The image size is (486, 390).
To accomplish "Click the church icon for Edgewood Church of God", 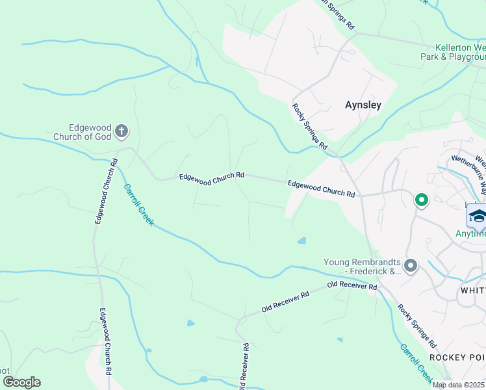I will [x=121, y=132].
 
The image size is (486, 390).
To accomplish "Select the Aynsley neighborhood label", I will [x=363, y=104].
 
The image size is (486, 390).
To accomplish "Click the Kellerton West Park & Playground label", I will [x=452, y=52].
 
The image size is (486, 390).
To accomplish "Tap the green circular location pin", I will [x=421, y=200].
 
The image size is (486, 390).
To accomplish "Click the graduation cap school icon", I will [x=477, y=216].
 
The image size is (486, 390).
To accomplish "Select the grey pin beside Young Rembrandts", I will [x=410, y=265].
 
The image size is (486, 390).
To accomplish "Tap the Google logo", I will [x=21, y=382].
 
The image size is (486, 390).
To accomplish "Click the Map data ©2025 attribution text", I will [x=459, y=385].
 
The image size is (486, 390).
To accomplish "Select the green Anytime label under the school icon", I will [x=470, y=233].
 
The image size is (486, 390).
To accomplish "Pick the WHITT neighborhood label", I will [x=472, y=290].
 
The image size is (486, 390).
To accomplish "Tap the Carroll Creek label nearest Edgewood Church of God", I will [x=138, y=204].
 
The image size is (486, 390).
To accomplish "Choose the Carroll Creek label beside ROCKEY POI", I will [x=416, y=362].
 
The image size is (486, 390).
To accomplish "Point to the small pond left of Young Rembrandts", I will [x=301, y=241].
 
